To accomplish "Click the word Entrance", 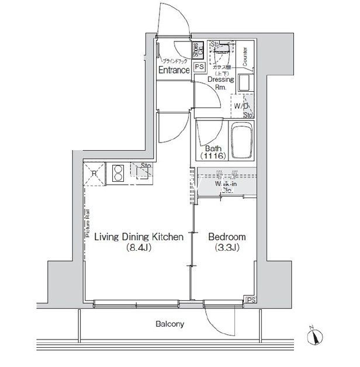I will click(x=174, y=70).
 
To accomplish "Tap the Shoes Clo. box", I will click(x=199, y=50).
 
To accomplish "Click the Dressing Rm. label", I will click(x=220, y=83).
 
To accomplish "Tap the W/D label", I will click(x=241, y=106).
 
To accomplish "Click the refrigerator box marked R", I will click(x=94, y=172).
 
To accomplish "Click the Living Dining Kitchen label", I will click(x=140, y=237).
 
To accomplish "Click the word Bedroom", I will click(x=227, y=237).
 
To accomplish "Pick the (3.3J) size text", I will click(x=227, y=248).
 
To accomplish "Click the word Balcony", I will click(x=169, y=323).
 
